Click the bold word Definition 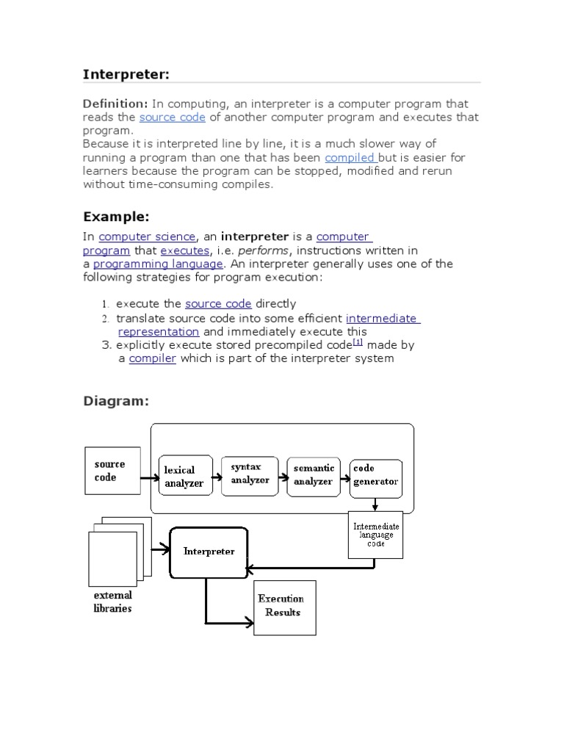click(x=115, y=104)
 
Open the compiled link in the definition click(x=350, y=157)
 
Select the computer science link click(x=147, y=236)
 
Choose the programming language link click(x=158, y=264)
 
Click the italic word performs click(x=262, y=250)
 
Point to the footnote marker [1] click(x=358, y=341)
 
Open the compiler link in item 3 click(x=153, y=358)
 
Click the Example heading click(x=116, y=217)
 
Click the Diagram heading click(x=116, y=401)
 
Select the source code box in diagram click(x=111, y=471)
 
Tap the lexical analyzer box click(x=186, y=477)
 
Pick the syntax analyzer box click(x=250, y=474)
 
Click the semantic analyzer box click(x=314, y=475)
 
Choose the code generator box click(x=375, y=475)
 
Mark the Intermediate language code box click(x=375, y=534)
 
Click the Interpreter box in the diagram click(x=208, y=552)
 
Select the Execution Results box click(x=284, y=607)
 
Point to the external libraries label click(x=112, y=602)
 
